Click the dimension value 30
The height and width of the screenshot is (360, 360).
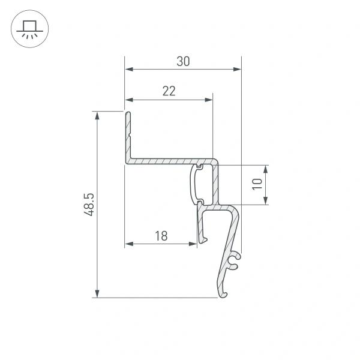(x=184, y=61)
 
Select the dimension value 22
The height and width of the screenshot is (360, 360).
(x=169, y=91)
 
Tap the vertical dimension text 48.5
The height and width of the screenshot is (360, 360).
(x=89, y=204)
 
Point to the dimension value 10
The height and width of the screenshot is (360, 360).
(x=257, y=184)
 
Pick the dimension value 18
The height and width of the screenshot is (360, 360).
(x=160, y=236)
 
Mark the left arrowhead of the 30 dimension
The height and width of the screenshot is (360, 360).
(x=128, y=70)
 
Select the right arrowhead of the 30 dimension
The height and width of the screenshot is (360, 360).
(x=237, y=70)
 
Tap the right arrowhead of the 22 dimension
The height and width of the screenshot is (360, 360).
(x=209, y=100)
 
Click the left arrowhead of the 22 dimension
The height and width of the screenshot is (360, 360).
(x=128, y=100)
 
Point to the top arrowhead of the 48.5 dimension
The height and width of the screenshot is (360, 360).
(x=97, y=115)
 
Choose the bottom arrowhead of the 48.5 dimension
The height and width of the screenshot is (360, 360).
(x=97, y=293)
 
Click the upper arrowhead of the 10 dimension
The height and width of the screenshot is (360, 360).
(x=265, y=169)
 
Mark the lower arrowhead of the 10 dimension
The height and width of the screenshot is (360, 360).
(x=265, y=201)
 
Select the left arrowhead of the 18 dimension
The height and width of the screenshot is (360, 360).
(x=128, y=244)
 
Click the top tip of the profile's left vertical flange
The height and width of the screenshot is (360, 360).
(x=128, y=113)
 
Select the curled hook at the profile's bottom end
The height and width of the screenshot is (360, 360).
(x=224, y=293)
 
